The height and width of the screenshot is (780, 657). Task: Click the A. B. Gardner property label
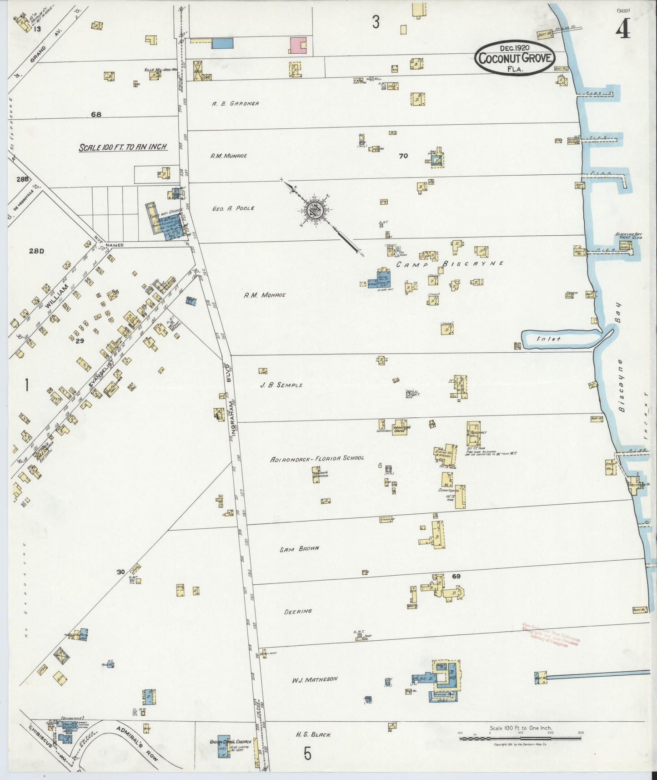tap(235, 103)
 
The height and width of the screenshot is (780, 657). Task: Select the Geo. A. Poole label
tap(233, 208)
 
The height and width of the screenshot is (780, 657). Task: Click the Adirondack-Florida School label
tap(317, 458)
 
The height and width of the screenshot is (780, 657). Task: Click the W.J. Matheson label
tap(315, 679)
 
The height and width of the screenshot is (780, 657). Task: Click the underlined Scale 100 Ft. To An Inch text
tap(123, 147)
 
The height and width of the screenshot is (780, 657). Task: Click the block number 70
tap(403, 156)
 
